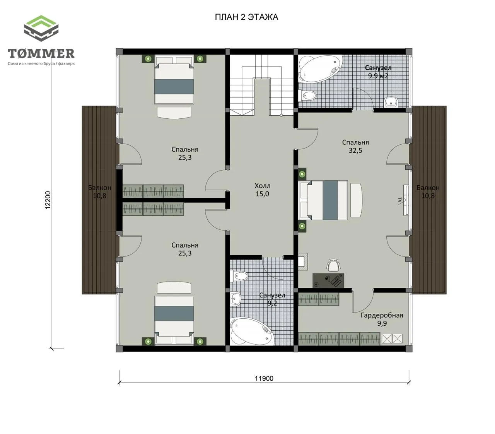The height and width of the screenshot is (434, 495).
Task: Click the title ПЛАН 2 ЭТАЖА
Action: (246, 17)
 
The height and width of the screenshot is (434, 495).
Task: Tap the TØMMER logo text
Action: (41, 53)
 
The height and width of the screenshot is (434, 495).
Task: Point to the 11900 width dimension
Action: (264, 378)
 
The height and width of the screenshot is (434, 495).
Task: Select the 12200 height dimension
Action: (48, 200)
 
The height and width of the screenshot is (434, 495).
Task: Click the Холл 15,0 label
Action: (263, 190)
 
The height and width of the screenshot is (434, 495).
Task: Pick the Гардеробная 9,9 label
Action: (382, 319)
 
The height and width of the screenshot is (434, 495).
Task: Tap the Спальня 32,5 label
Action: (355, 146)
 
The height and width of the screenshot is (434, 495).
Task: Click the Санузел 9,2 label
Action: (272, 299)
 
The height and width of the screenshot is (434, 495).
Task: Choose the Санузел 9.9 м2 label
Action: (378, 72)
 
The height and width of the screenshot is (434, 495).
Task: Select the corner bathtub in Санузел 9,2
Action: (252, 331)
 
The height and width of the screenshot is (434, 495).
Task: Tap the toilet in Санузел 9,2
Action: (239, 276)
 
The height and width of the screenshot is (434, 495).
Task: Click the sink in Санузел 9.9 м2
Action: (391, 102)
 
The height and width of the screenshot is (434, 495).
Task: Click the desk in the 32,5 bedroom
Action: (328, 280)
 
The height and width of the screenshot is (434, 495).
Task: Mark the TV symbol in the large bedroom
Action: (405, 200)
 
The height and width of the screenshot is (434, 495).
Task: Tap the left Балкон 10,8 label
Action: (100, 191)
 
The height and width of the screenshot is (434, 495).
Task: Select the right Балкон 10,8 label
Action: (428, 191)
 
